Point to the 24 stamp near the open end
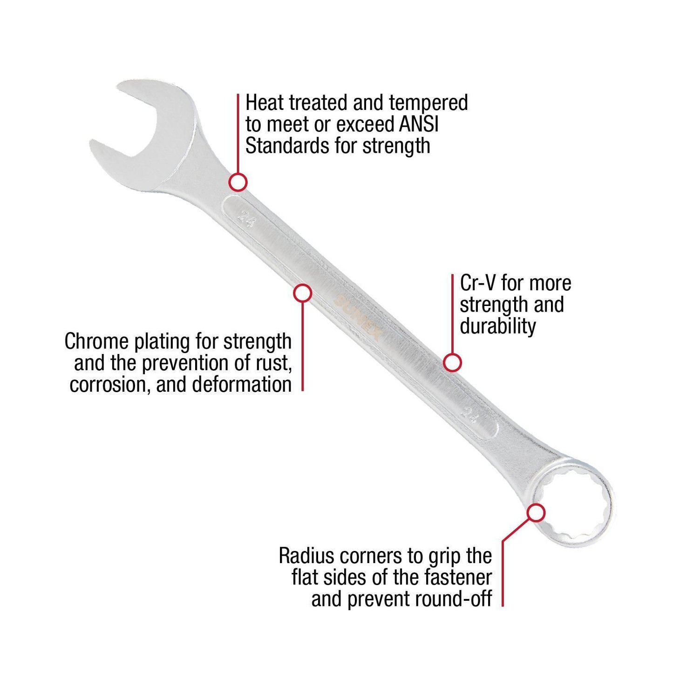pyautogui.click(x=245, y=217)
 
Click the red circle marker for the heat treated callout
pyautogui.click(x=238, y=182)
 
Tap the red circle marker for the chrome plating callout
pyautogui.click(x=303, y=293)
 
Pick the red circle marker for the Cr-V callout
pyautogui.click(x=452, y=362)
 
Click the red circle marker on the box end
pyautogui.click(x=536, y=513)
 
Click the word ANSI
pyautogui.click(x=419, y=124)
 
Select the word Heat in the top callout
pyautogui.click(x=264, y=102)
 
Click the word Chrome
pyautogui.click(x=96, y=341)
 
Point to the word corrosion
pyautogui.click(x=109, y=385)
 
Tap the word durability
pyautogui.click(x=498, y=326)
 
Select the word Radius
pyautogui.click(x=307, y=556)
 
